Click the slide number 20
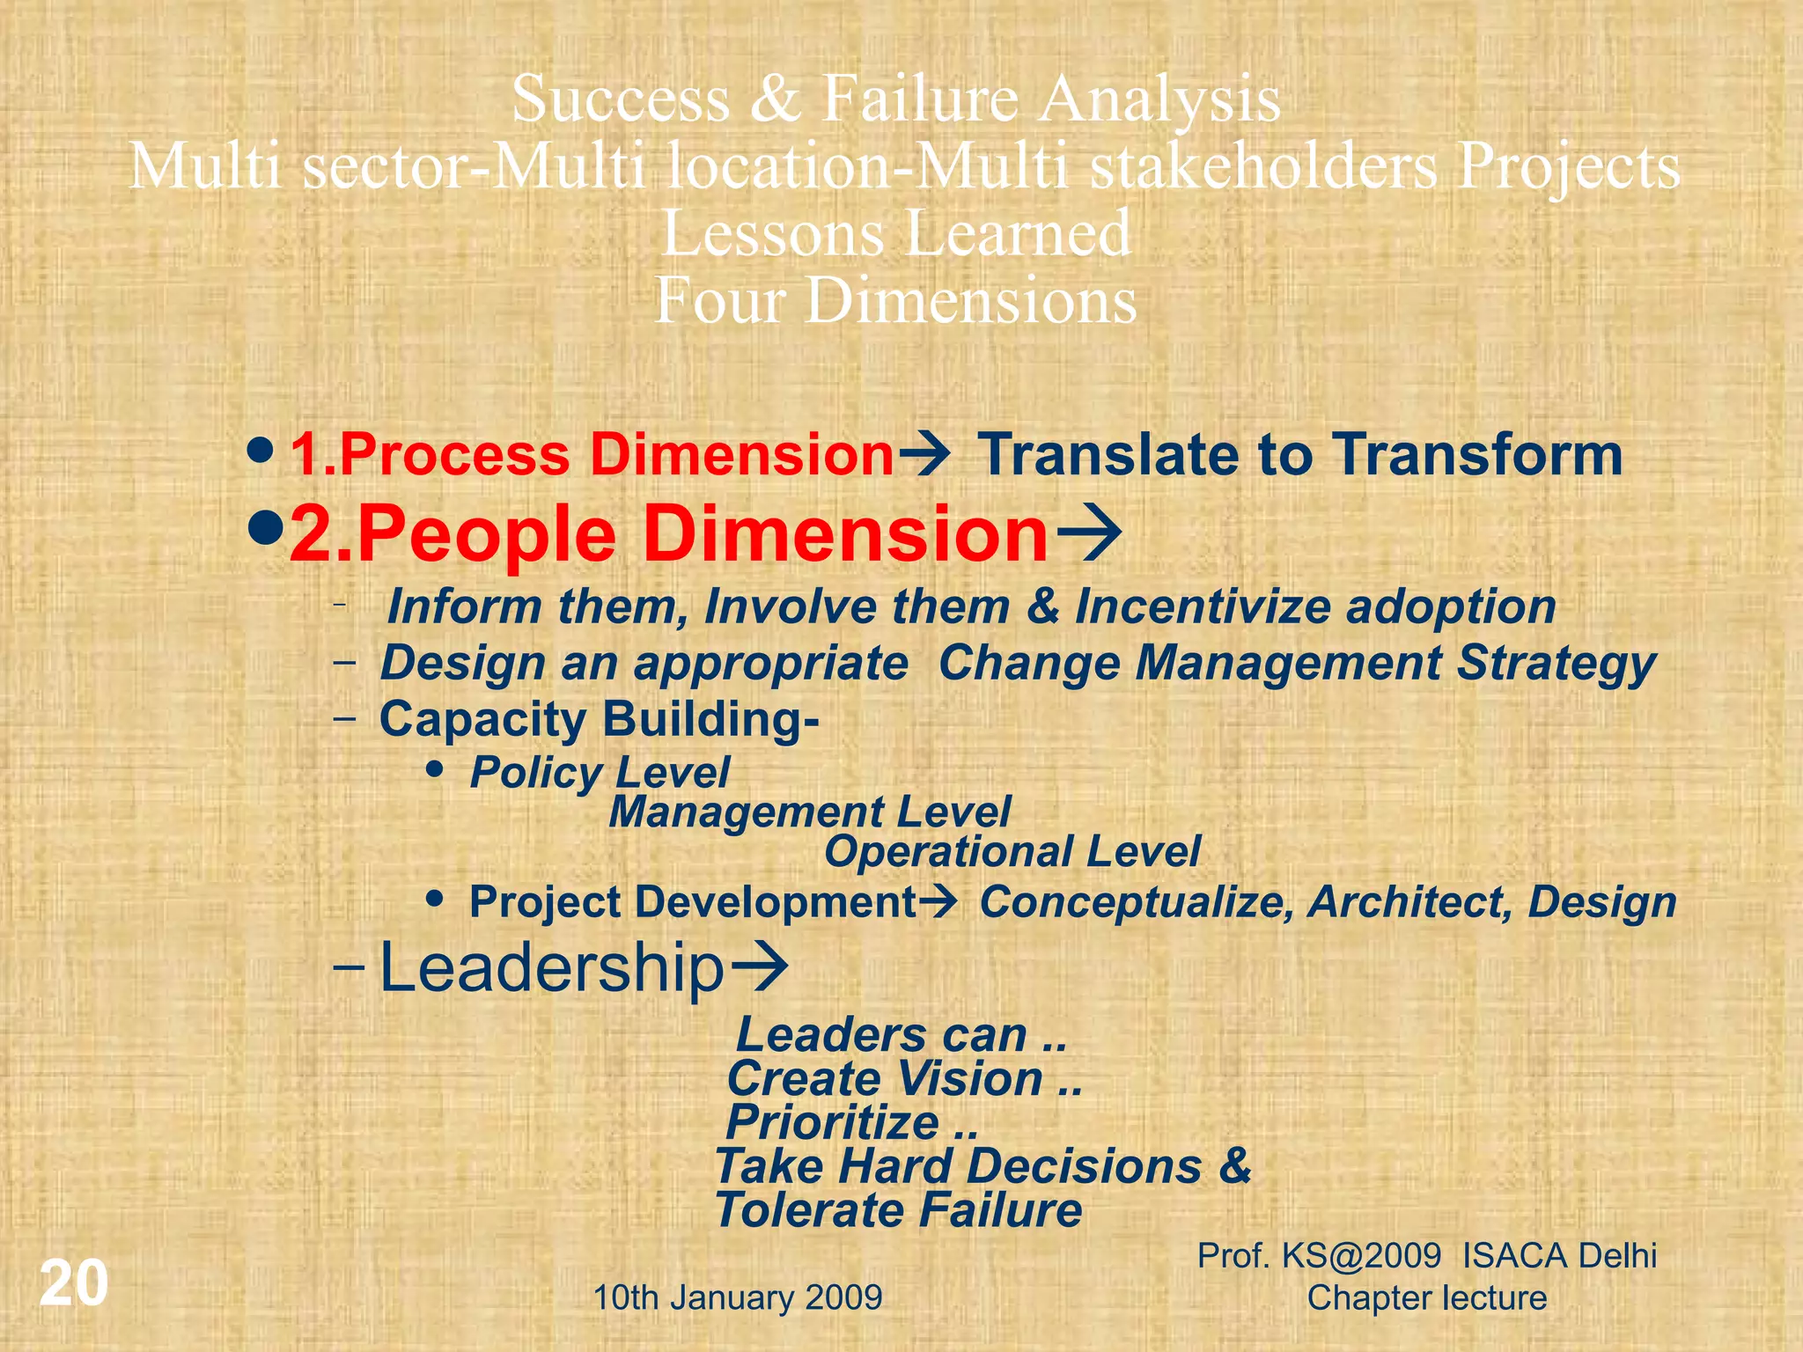74,1283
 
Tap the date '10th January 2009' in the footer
738,1297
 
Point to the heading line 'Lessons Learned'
896,233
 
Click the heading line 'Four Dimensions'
896,300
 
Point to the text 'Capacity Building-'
600,719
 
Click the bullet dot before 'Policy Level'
434,769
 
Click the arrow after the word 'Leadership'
760,966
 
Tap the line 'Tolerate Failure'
898,1210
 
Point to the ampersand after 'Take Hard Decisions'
1235,1165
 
